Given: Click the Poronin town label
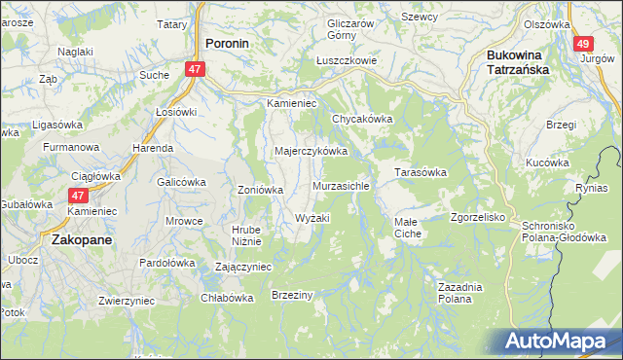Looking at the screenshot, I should point(229,43).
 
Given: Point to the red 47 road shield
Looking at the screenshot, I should point(196,69).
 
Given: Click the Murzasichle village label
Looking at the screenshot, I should point(341,185).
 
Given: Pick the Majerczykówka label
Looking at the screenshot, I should point(311,152).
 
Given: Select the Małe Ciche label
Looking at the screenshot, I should point(408,229).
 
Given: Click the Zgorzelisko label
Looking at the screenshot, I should point(477,217).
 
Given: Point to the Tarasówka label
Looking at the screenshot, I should point(420,172).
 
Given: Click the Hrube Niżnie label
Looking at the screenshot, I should point(245,236).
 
